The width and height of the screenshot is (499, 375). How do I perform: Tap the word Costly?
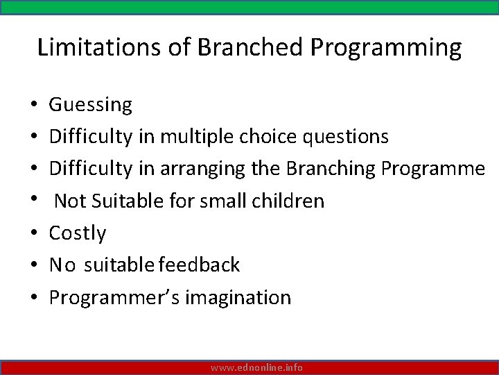[78, 233]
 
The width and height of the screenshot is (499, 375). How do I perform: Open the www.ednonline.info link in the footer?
[256, 367]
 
